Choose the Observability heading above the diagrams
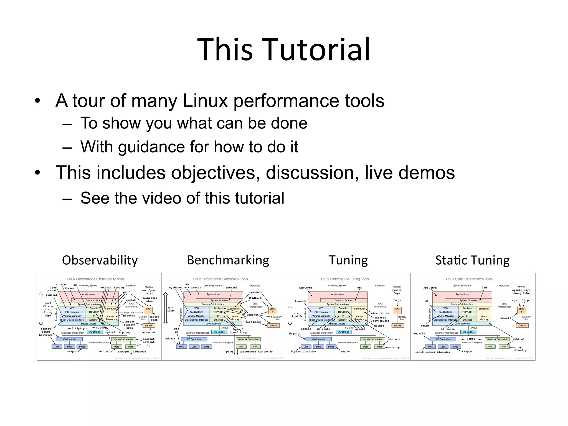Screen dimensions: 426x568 coord(100,260)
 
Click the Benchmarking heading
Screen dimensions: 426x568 coord(228,260)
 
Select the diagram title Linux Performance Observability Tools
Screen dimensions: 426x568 coord(96,279)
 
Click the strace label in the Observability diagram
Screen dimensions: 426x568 coord(61,285)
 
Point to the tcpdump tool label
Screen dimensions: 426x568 coord(125,332)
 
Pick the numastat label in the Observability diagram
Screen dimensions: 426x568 coord(149,332)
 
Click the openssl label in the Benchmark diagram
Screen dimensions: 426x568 coord(232,288)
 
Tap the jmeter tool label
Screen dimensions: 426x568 coord(196,288)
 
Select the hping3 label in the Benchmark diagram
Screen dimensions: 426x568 coord(238,329)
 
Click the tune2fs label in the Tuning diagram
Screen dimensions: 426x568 coord(301,301)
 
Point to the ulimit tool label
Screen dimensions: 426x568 coord(379,326)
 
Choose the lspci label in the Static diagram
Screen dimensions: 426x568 coord(471,339)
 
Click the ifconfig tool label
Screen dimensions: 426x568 coord(520,350)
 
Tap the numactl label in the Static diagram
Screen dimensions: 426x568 coord(505,318)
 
